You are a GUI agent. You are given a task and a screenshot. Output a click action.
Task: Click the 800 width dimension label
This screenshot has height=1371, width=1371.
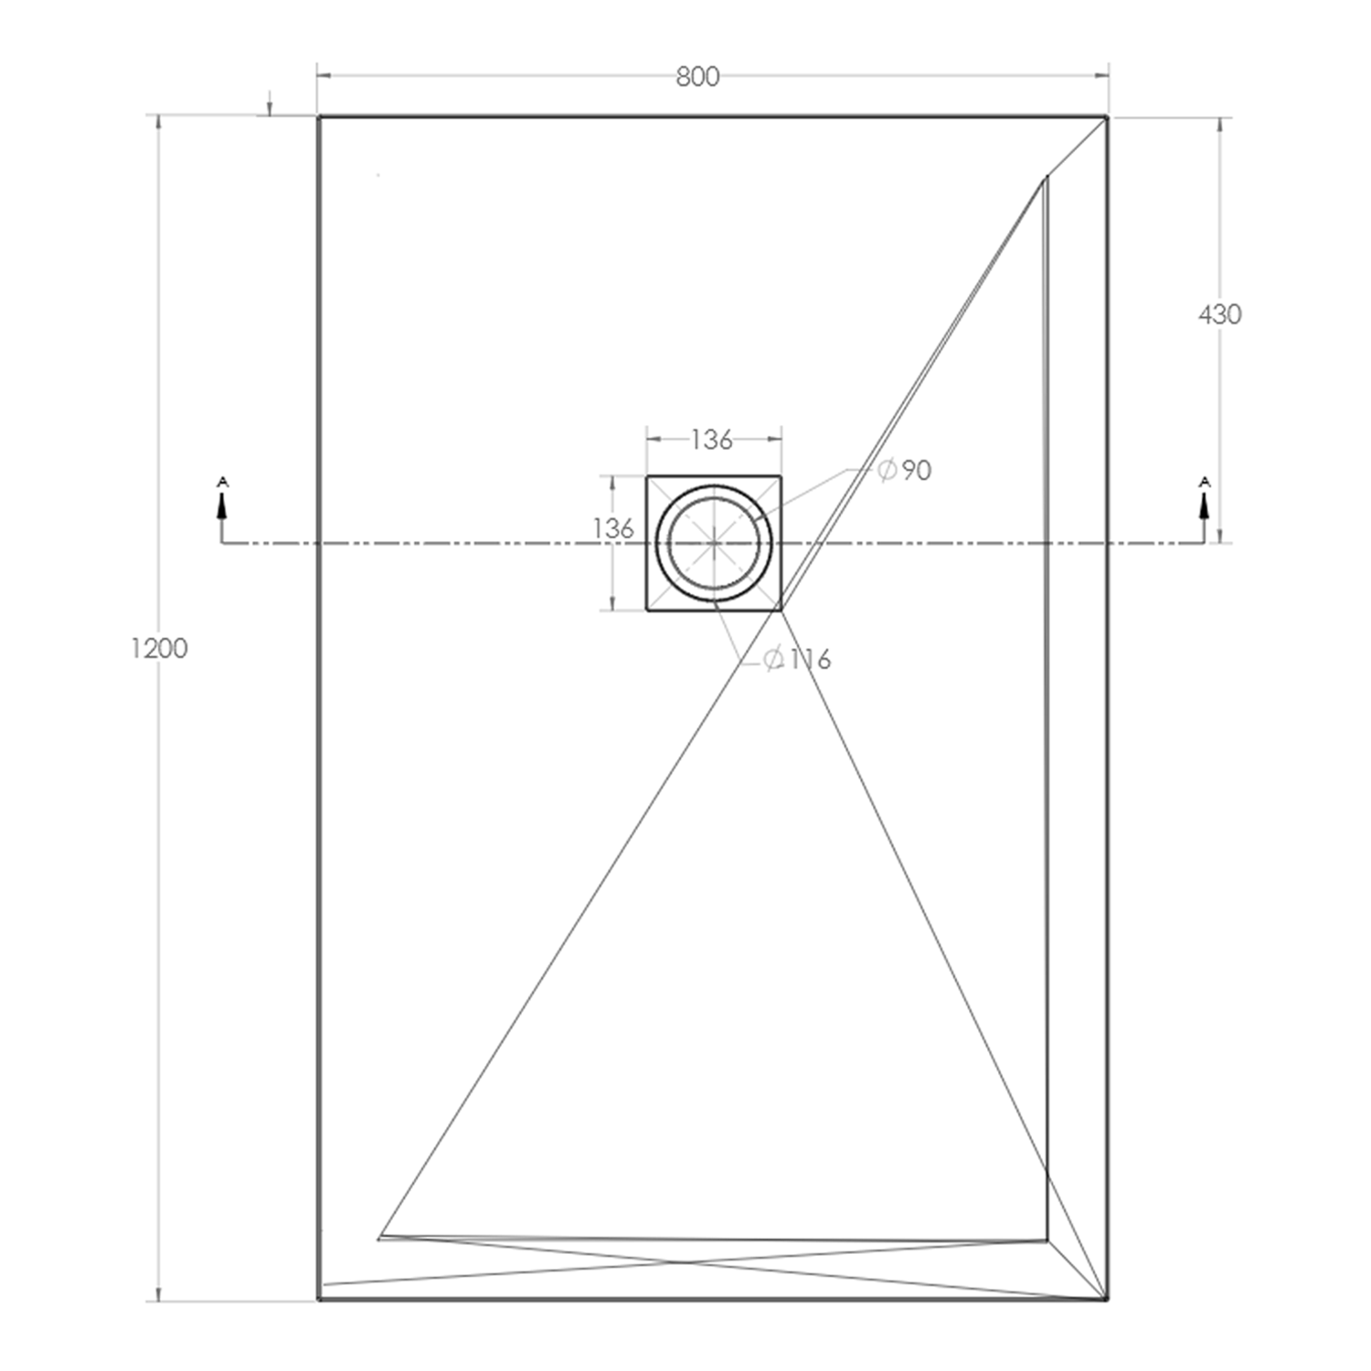click(x=697, y=77)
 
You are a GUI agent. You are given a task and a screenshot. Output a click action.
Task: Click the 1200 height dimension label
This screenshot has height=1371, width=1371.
click(x=159, y=648)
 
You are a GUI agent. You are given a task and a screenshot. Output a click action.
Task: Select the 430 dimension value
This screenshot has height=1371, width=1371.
click(x=1219, y=314)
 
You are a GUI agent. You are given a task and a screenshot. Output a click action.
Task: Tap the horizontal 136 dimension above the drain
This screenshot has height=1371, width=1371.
click(x=712, y=440)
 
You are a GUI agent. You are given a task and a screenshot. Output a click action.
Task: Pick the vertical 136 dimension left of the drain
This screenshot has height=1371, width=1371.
click(x=613, y=528)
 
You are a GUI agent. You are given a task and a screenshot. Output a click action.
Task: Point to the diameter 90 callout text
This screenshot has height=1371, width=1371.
click(x=905, y=470)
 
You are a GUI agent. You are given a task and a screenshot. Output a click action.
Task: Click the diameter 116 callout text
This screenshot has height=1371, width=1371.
click(x=798, y=659)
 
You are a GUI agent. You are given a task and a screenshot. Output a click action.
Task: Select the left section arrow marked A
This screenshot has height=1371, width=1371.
click(x=222, y=502)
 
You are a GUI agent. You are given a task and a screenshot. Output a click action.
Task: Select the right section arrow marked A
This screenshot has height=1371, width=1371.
click(x=1204, y=502)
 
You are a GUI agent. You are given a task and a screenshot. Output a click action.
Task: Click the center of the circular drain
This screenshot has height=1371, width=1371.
click(x=714, y=543)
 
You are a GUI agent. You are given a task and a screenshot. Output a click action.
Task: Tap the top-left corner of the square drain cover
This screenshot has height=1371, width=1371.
click(x=647, y=476)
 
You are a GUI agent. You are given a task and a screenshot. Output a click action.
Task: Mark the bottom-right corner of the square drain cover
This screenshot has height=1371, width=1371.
click(x=781, y=610)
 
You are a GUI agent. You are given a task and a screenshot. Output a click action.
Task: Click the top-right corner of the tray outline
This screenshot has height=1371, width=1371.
click(x=1107, y=117)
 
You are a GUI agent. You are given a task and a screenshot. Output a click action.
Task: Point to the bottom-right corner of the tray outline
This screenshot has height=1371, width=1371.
click(x=1107, y=1298)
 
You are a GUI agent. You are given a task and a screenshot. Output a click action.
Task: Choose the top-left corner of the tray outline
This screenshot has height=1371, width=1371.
click(x=319, y=117)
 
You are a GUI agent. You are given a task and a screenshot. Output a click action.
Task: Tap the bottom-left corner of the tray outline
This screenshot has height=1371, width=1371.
click(x=319, y=1298)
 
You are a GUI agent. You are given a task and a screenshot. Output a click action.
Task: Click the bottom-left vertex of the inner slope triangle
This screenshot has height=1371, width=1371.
click(x=380, y=1238)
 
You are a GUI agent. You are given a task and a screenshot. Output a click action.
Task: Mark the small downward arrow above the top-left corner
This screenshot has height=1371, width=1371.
click(x=270, y=108)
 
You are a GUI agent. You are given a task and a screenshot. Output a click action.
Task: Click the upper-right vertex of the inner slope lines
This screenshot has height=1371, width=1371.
click(x=1047, y=176)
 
